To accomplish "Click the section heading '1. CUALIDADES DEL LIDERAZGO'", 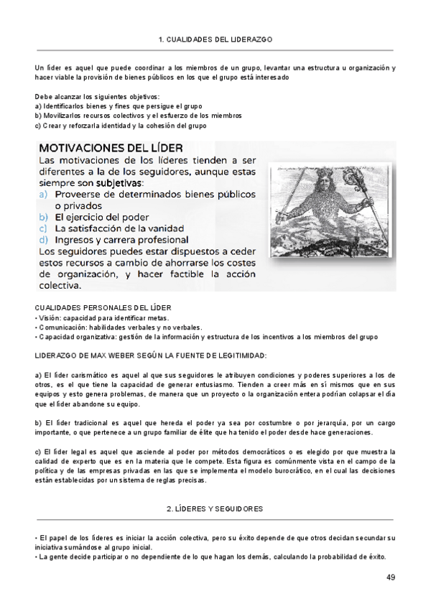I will click(x=215, y=39).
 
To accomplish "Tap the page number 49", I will click(x=391, y=577).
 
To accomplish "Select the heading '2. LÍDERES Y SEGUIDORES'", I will click(x=215, y=508).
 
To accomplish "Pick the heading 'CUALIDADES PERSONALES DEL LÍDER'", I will click(x=97, y=307).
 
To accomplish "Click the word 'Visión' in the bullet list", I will click(x=48, y=317).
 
